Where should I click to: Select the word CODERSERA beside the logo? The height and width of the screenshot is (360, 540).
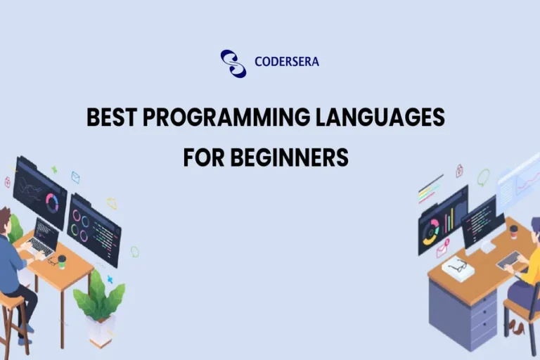click(x=286, y=62)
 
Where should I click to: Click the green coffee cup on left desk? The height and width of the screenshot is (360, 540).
click(x=62, y=261)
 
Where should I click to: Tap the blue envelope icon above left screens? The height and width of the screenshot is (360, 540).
click(x=75, y=177)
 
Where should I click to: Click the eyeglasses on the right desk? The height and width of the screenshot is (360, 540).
click(x=458, y=265)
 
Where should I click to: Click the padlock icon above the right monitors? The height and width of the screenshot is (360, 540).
click(x=459, y=170)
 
